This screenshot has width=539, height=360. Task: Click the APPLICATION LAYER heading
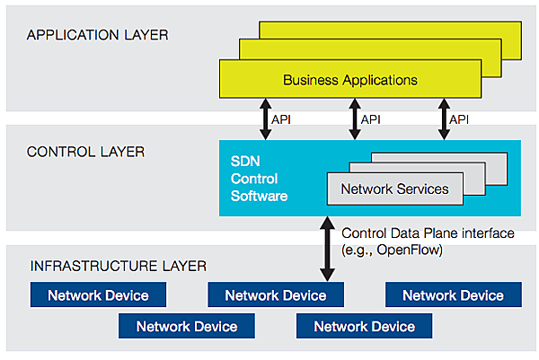click(x=98, y=35)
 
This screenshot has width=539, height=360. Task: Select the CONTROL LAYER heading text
click(x=85, y=152)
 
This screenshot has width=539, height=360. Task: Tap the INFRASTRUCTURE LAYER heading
click(x=119, y=266)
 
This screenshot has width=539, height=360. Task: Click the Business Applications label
click(x=350, y=80)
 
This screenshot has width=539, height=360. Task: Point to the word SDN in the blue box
click(x=245, y=161)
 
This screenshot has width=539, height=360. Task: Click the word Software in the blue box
click(x=260, y=196)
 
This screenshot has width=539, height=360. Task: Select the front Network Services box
click(x=395, y=189)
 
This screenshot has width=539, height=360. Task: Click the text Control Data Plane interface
click(x=428, y=233)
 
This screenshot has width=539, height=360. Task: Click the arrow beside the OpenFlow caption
click(x=327, y=249)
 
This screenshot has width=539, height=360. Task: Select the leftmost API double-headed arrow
click(x=265, y=119)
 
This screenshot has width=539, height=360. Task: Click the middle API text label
click(x=370, y=119)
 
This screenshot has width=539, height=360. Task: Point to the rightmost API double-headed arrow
click(x=444, y=119)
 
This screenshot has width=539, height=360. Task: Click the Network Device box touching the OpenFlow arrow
click(x=276, y=294)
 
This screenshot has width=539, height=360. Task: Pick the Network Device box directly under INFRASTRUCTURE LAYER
click(x=98, y=294)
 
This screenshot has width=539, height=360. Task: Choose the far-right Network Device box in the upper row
click(x=454, y=294)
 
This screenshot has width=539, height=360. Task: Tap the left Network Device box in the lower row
click(x=187, y=326)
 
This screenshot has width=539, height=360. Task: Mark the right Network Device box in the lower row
click(x=365, y=326)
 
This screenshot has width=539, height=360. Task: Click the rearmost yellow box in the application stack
click(x=390, y=31)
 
